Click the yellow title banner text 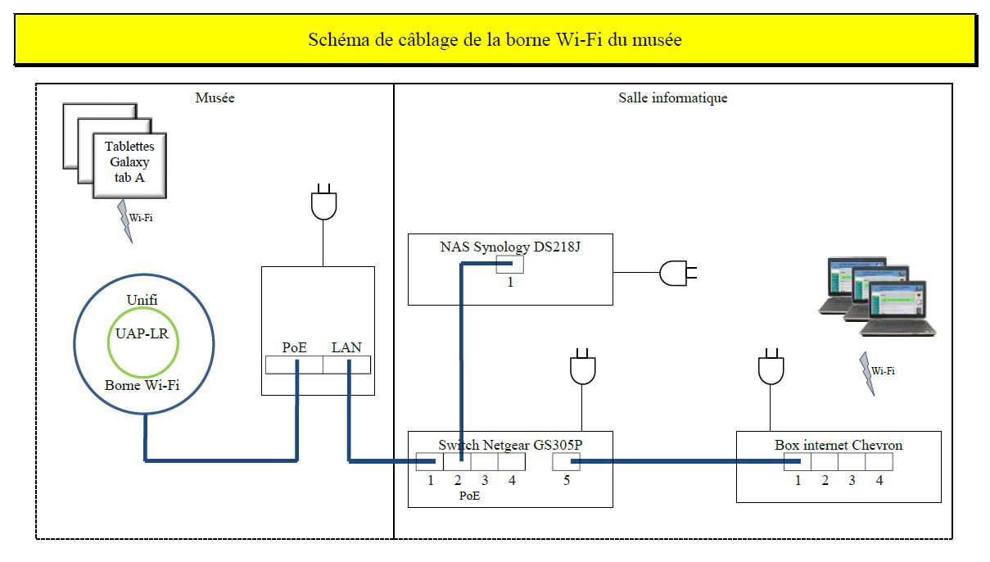495,39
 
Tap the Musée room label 215,98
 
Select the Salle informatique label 672,98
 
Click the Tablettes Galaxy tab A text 129,161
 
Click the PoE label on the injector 295,347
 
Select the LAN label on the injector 346,347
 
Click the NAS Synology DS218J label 510,246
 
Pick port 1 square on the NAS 511,265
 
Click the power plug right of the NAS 676,272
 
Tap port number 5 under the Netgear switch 566,481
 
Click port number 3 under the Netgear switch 485,481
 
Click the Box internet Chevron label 839,445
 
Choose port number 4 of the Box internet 879,481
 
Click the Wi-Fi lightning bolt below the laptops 866,371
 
